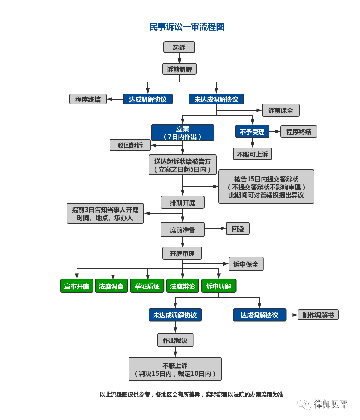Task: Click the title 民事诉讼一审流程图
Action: pyautogui.click(x=187, y=27)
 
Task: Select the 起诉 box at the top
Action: pyautogui.click(x=179, y=47)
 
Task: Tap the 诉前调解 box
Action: pyautogui.click(x=179, y=69)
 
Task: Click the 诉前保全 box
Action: pyautogui.click(x=281, y=110)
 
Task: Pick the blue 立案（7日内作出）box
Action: pyautogui.click(x=183, y=133)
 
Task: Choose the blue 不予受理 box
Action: pyautogui.click(x=252, y=132)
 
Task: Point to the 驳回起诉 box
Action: pyautogui.click(x=130, y=145)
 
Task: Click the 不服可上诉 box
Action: pyautogui.click(x=252, y=154)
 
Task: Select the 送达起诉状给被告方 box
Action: pyautogui.click(x=183, y=165)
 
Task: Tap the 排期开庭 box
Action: pyautogui.click(x=183, y=202)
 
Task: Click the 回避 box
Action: pyautogui.click(x=238, y=229)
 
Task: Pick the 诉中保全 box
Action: pyautogui.click(x=246, y=264)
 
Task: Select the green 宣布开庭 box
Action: pyautogui.click(x=77, y=286)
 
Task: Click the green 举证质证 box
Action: pyautogui.click(x=147, y=286)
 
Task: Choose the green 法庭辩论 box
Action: pyautogui.click(x=183, y=286)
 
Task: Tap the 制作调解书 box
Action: pyautogui.click(x=318, y=315)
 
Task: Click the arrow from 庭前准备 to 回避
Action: pyautogui.click(x=215, y=228)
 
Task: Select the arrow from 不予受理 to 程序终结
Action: pyautogui.click(x=275, y=132)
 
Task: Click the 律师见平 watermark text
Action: pyautogui.click(x=331, y=404)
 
